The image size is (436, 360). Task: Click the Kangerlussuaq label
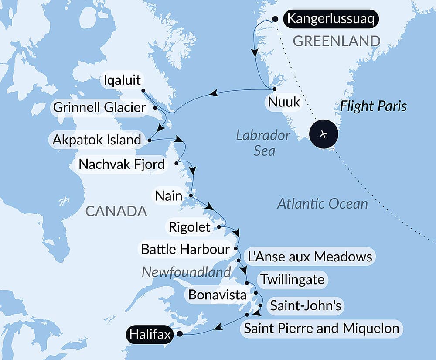[x=330, y=20]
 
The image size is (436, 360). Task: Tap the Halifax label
[x=149, y=335]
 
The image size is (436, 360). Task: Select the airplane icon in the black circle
[x=324, y=134]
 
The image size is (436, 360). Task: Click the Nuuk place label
[x=284, y=102]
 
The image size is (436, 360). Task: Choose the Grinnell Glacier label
[x=99, y=107]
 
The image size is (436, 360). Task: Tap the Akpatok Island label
[x=96, y=140]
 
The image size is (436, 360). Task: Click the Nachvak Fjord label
[x=122, y=165]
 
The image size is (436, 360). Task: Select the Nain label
[x=169, y=195]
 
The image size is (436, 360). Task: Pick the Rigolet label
[x=190, y=227]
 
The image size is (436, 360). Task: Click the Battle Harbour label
[x=185, y=249]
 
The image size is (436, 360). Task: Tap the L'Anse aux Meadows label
[x=310, y=257]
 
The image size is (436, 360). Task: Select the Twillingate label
[x=292, y=279]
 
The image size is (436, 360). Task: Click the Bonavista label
[x=217, y=295]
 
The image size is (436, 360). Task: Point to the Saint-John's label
[x=306, y=305]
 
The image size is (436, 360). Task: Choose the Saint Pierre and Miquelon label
[x=321, y=328]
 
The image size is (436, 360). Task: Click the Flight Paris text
[x=374, y=106]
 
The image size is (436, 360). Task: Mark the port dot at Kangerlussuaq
[x=275, y=19]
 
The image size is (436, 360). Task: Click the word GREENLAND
[x=337, y=41]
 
